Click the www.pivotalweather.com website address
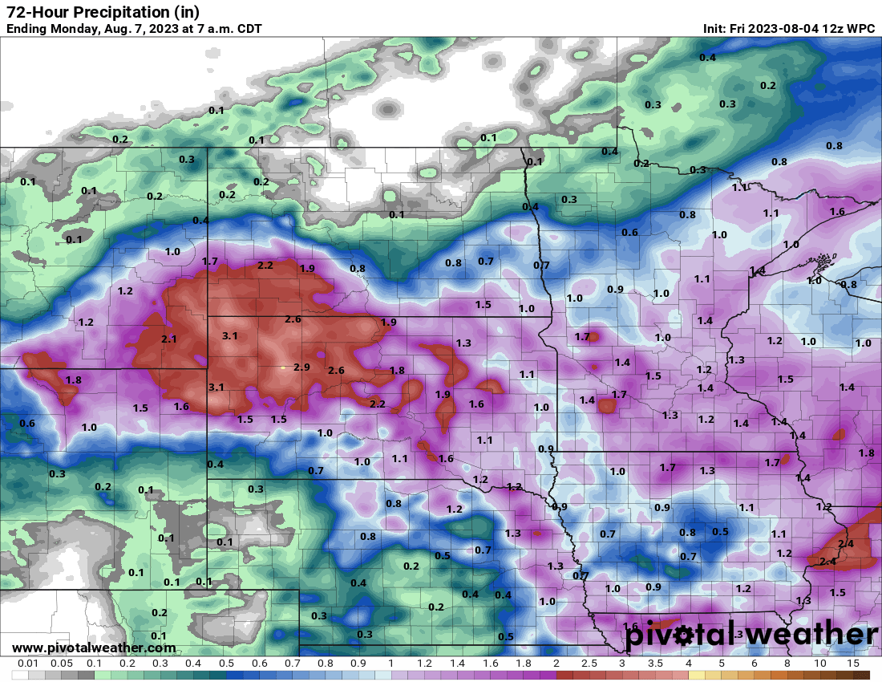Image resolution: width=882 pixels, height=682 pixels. pyautogui.click(x=94, y=647)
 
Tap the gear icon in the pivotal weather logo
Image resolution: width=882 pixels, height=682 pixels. pyautogui.click(x=683, y=635)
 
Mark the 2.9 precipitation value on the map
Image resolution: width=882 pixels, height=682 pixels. pyautogui.click(x=301, y=367)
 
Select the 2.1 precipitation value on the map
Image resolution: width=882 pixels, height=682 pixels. pyautogui.click(x=168, y=339)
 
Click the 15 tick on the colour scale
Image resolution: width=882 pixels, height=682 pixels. pyautogui.click(x=853, y=664)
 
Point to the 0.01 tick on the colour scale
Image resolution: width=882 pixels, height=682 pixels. pyautogui.click(x=28, y=664)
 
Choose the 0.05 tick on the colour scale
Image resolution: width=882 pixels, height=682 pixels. pyautogui.click(x=61, y=664)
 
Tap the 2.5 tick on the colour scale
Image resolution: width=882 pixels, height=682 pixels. pyautogui.click(x=589, y=664)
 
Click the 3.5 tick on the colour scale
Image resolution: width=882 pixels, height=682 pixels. pyautogui.click(x=655, y=664)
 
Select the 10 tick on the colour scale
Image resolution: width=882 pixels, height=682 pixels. pyautogui.click(x=820, y=664)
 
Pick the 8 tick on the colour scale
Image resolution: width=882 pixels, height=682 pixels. pyautogui.click(x=787, y=664)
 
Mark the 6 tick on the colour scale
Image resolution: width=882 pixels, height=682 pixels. pyautogui.click(x=755, y=664)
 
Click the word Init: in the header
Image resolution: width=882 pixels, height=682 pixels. pyautogui.click(x=715, y=29)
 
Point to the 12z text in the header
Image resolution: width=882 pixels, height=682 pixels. pyautogui.click(x=835, y=29)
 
